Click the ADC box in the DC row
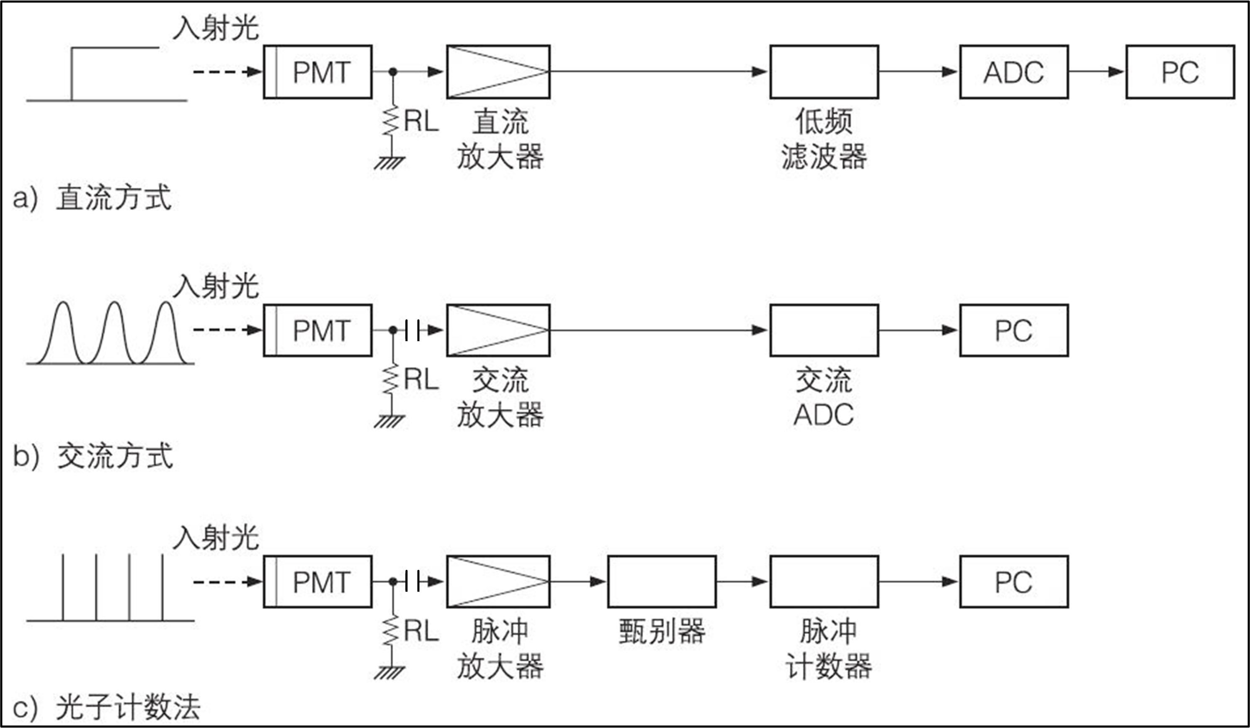tap(1013, 72)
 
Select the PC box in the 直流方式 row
tap(1180, 72)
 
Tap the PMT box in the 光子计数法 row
tap(317, 582)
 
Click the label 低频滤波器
tap(824, 139)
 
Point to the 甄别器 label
tap(662, 631)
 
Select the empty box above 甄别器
tap(662, 582)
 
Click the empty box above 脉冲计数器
tap(824, 582)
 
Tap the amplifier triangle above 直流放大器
tap(498, 72)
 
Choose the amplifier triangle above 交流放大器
tap(498, 330)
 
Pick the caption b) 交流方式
tap(93, 456)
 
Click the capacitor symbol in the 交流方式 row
tap(412, 330)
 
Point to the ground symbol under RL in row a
tap(390, 163)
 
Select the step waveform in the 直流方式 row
tap(107, 75)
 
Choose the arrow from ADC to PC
tap(1097, 72)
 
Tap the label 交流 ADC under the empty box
tap(824, 397)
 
